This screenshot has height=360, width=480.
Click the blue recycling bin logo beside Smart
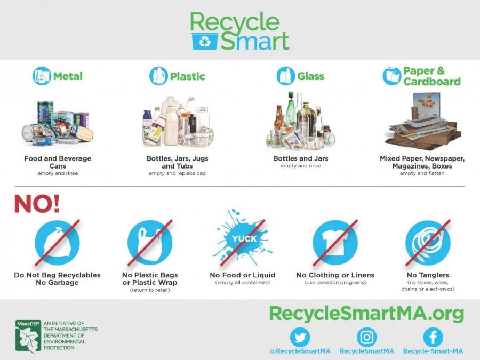pos(205,41)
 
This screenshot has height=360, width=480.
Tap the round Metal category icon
pos(42,76)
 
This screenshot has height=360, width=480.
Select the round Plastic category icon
pos(158,76)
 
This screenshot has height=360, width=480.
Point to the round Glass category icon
pos(286,76)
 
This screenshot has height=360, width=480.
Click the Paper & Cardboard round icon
pos(392,76)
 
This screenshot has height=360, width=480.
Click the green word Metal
pos(68,76)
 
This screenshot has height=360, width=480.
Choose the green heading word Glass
pos(311,76)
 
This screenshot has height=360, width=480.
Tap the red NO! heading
pos(37,204)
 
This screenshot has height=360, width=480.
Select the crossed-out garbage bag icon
pos(57,242)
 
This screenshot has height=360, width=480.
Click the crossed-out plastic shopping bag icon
pos(149,242)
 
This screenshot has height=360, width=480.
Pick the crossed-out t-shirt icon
pos(335,242)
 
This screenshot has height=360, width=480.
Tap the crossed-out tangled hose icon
pos(427,242)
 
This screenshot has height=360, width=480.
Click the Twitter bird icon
pos(300,337)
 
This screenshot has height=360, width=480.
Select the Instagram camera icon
pos(366,337)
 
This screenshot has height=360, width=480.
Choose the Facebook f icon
pos(433,337)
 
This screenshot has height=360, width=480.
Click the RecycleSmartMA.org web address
pos(366,313)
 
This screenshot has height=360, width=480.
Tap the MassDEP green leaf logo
pos(28,337)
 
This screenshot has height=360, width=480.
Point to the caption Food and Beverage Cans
pos(58,162)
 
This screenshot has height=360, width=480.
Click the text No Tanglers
pos(428,275)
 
